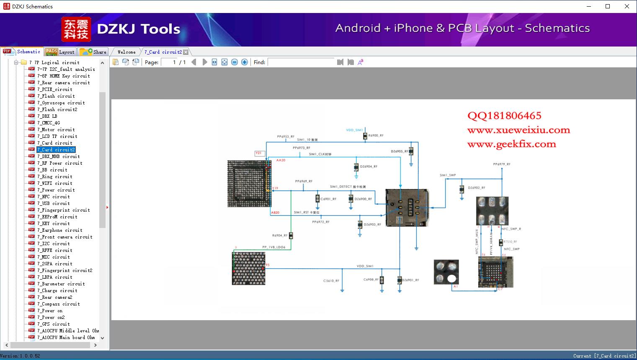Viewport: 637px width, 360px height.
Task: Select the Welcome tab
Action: (126, 52)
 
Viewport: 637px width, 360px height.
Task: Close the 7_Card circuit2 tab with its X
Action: (186, 52)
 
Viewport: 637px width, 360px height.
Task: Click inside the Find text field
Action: (301, 62)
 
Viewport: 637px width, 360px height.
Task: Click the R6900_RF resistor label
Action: (376, 136)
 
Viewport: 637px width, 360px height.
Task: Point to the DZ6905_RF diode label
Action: (399, 151)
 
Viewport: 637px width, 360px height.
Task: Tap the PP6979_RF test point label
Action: (501, 164)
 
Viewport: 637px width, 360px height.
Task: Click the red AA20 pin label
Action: (281, 160)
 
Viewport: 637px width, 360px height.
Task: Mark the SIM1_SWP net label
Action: (447, 175)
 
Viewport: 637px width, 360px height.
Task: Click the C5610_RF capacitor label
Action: (331, 281)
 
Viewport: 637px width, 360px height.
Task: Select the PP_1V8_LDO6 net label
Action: (273, 247)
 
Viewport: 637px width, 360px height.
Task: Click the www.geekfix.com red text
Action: (511, 144)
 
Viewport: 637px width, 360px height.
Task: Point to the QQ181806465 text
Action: (504, 116)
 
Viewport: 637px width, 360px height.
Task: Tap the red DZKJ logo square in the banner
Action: (76, 29)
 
